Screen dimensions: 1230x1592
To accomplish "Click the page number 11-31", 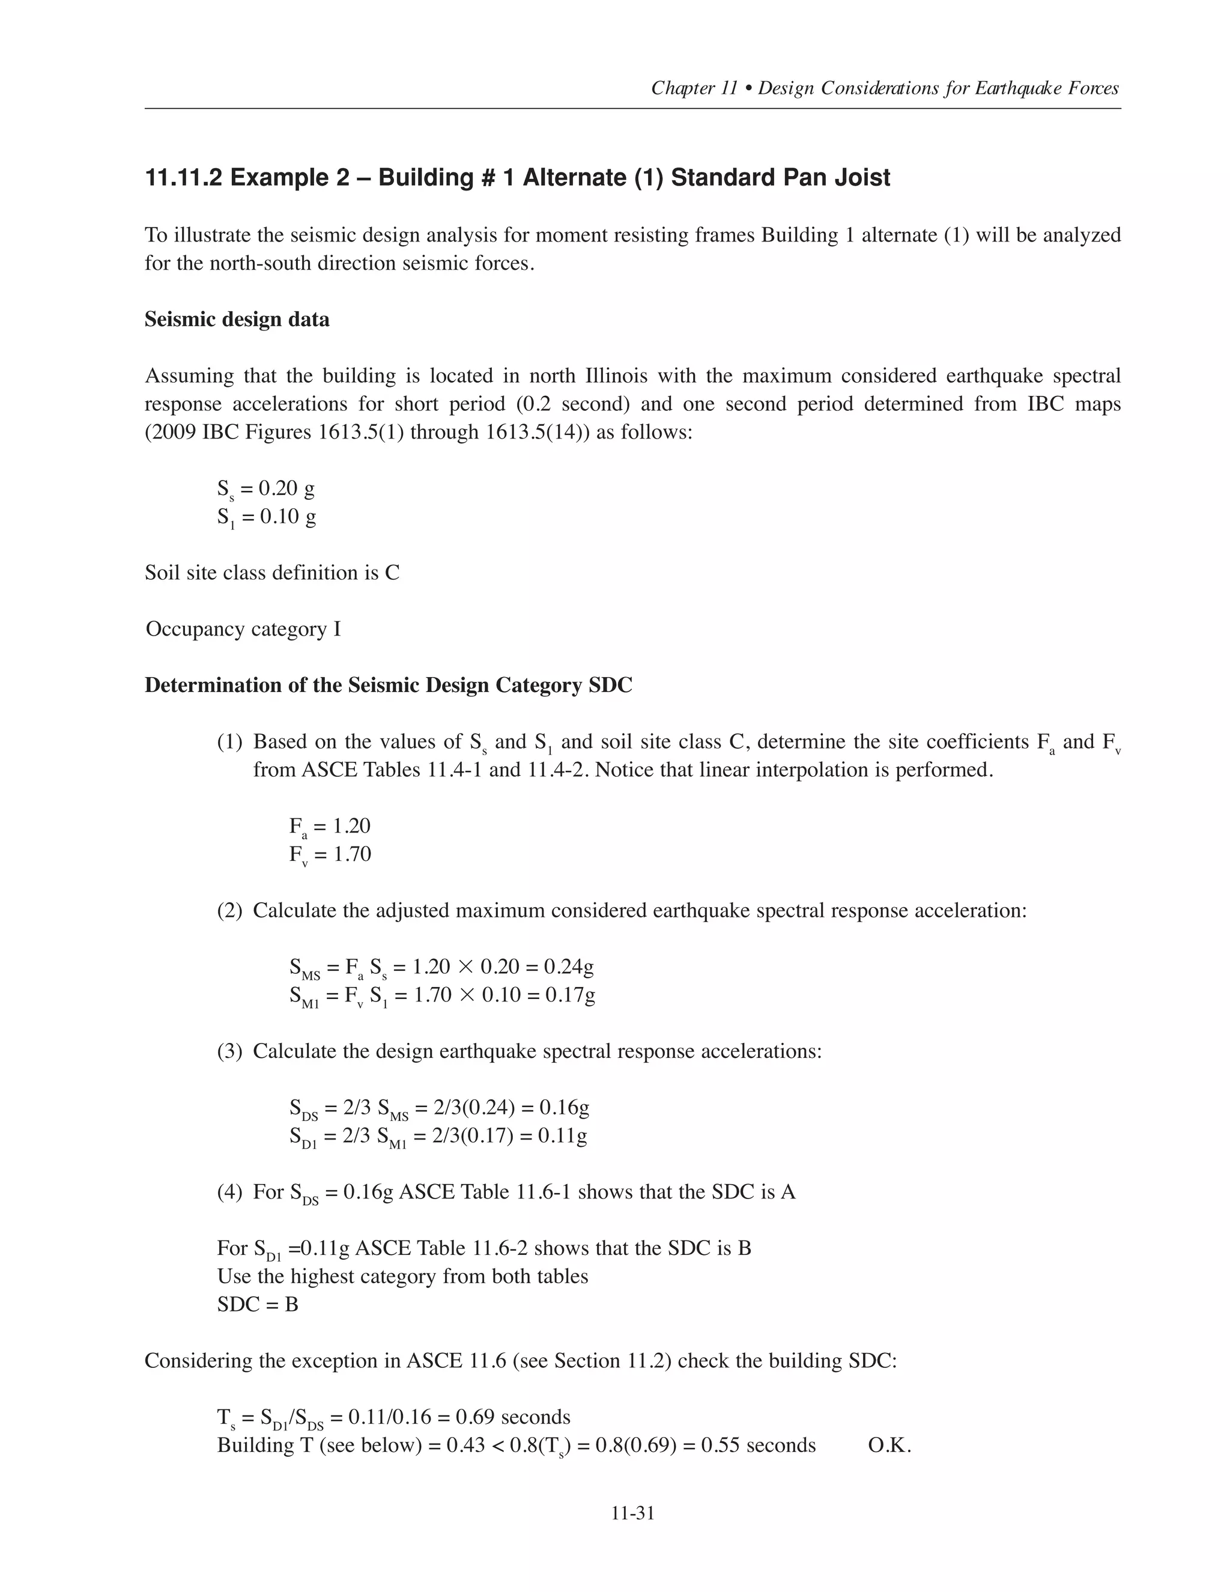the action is tap(632, 1513).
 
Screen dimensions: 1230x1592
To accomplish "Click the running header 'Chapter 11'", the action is tap(694, 88).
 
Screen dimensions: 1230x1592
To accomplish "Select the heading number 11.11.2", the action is tap(184, 178).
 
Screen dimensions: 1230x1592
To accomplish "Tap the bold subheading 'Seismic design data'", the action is tap(237, 319).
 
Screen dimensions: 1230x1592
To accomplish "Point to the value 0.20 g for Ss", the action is tap(287, 488).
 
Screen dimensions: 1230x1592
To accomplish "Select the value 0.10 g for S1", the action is tap(287, 517).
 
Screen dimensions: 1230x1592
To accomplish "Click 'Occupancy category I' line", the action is tap(243, 629).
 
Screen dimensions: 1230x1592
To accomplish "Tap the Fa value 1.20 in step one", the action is tap(352, 826).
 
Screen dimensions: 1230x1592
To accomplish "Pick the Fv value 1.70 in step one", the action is tap(352, 854).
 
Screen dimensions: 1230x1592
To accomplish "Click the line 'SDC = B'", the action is tap(257, 1304).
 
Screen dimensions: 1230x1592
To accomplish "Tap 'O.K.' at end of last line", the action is tap(889, 1445).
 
